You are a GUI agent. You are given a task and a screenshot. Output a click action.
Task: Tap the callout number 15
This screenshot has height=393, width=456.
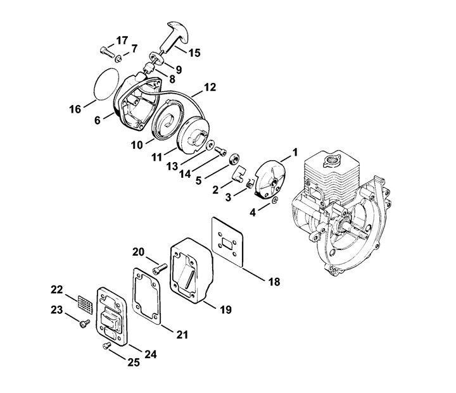[x=194, y=53]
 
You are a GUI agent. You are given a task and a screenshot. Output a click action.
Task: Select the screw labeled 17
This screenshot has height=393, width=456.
[x=107, y=53]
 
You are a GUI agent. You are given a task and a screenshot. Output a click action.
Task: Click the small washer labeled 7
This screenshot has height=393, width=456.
[x=118, y=59]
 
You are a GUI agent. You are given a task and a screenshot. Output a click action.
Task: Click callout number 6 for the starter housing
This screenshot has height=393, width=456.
[x=98, y=120]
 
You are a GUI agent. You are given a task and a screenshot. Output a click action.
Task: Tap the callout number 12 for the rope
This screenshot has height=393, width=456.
[x=210, y=87]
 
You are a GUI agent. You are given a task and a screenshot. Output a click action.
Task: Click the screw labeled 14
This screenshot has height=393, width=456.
[x=221, y=151]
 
